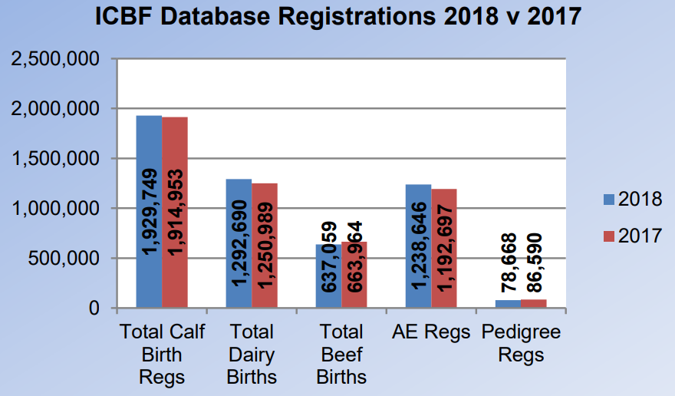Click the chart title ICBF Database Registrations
click(337, 17)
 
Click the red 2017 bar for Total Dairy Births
click(265, 246)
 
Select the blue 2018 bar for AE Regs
click(418, 246)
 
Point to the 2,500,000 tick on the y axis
click(54, 59)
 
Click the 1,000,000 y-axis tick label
click(54, 209)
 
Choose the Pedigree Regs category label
click(521, 343)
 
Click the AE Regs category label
click(431, 332)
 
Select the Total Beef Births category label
click(342, 354)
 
